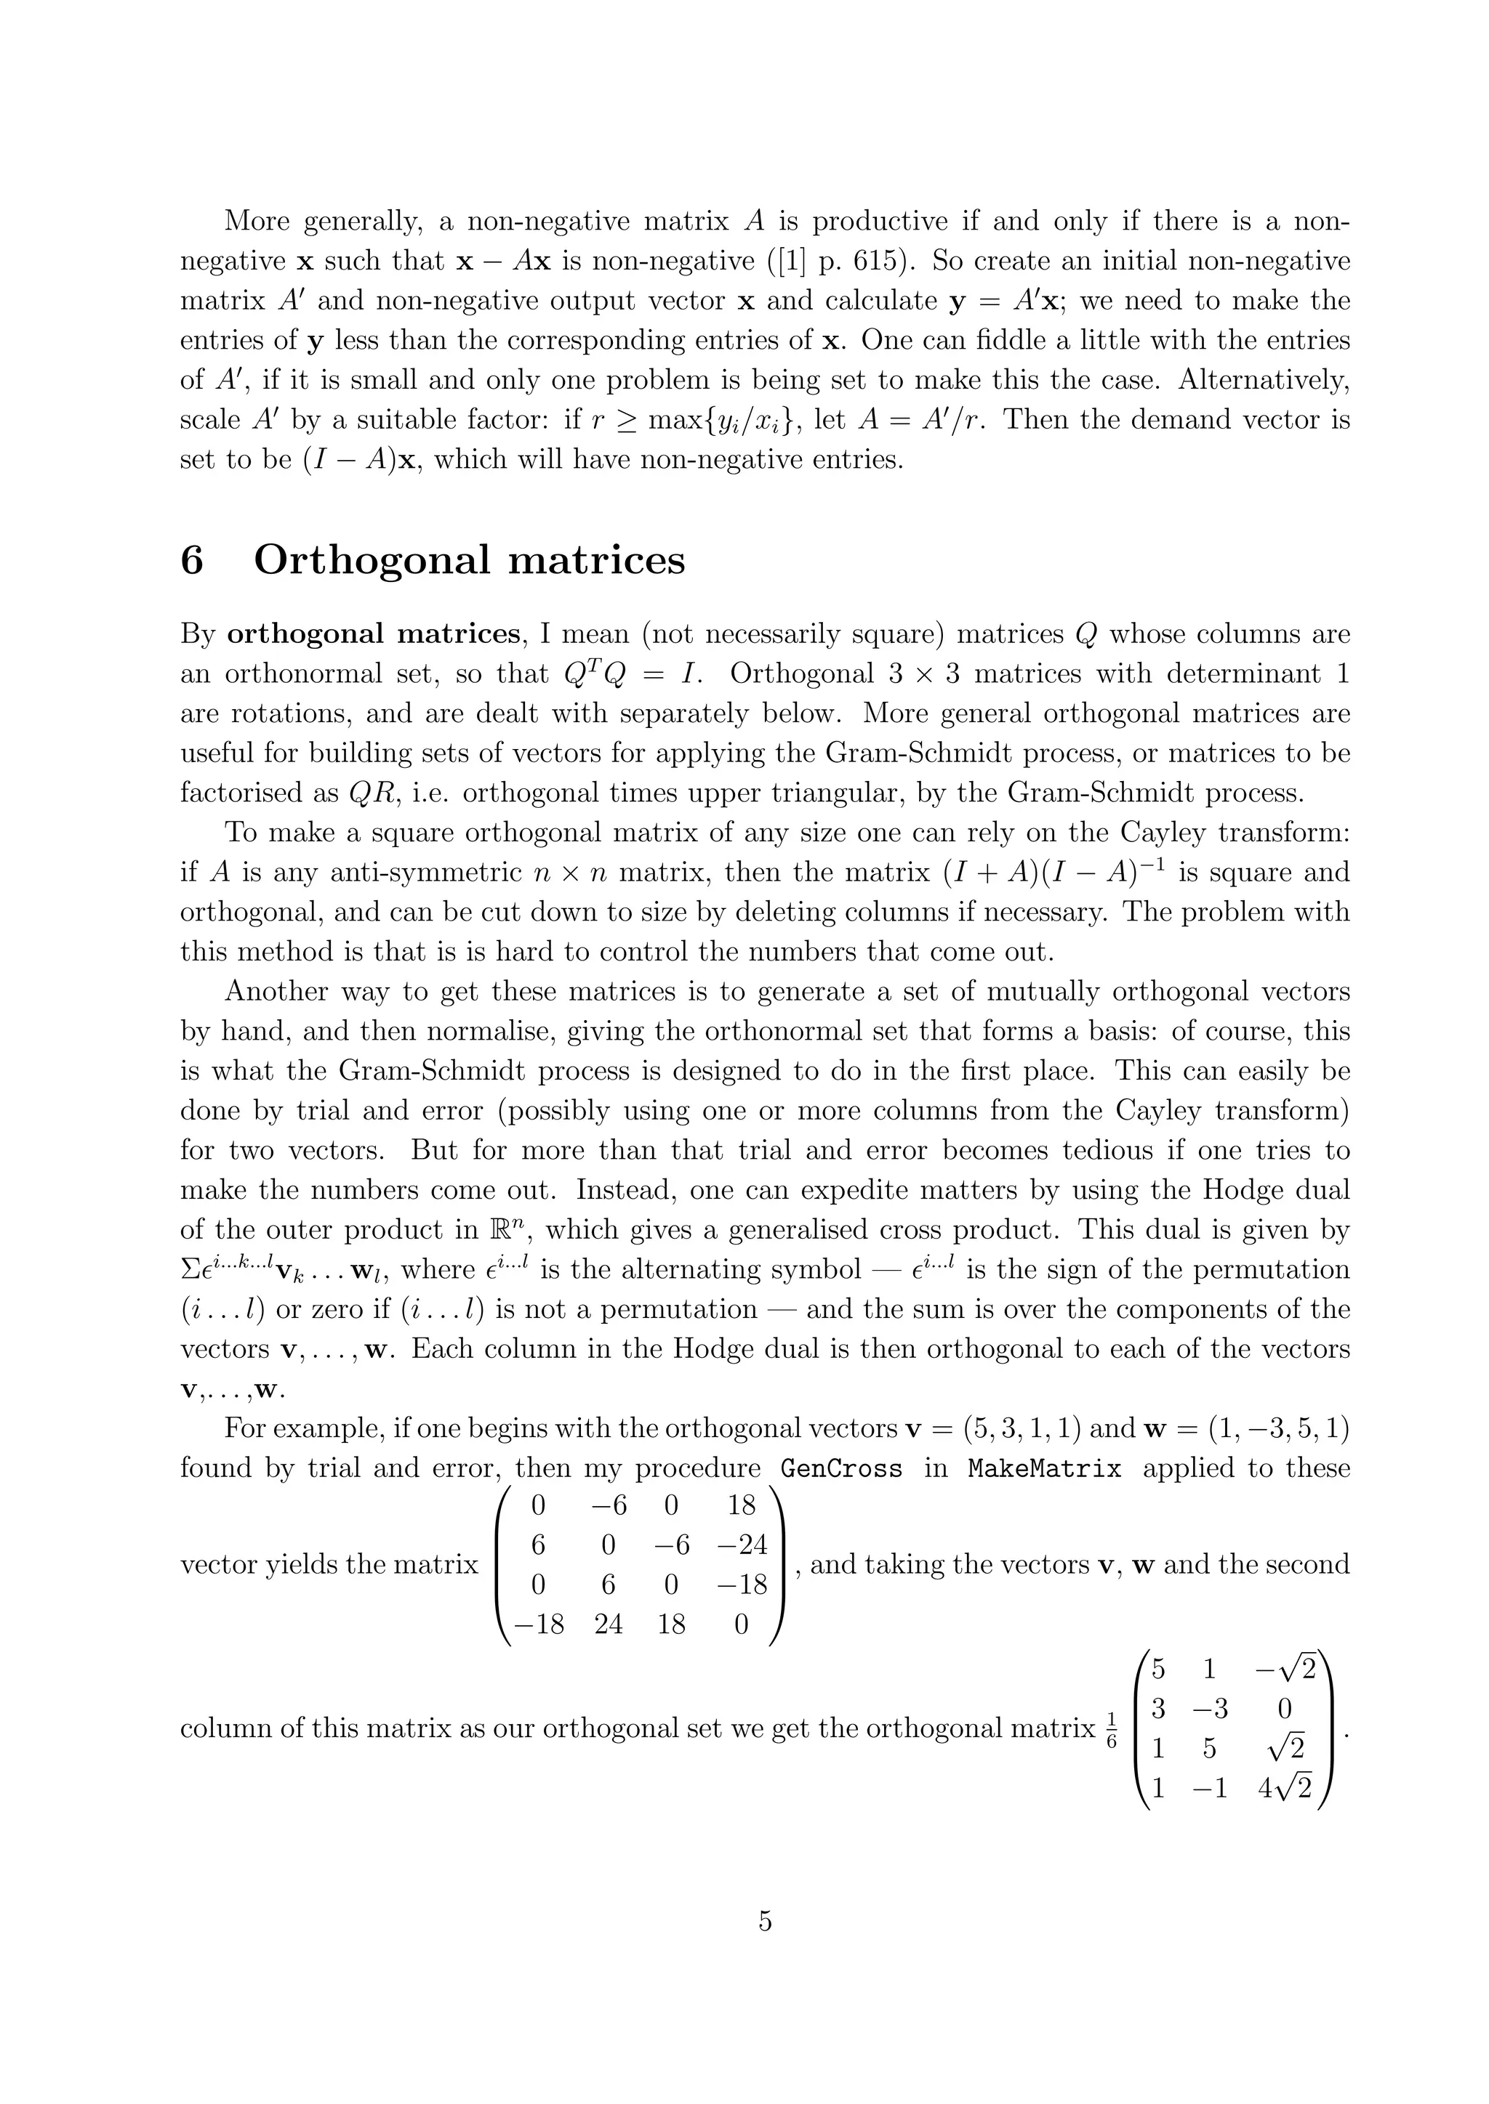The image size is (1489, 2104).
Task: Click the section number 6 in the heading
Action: (192, 560)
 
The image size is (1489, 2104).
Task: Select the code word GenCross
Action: (840, 1468)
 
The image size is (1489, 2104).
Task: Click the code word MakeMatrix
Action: (1044, 1468)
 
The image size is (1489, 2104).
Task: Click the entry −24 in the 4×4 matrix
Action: (741, 1545)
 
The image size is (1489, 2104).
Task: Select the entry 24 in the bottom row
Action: (608, 1624)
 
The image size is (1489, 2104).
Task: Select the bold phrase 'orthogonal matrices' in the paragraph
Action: (373, 634)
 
